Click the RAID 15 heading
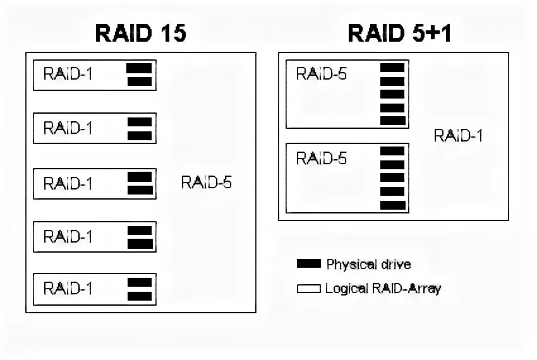[x=140, y=33]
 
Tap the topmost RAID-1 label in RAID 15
[x=68, y=74]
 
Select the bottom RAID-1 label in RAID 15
[x=68, y=289]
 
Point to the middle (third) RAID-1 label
[x=68, y=183]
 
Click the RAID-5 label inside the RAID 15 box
[x=206, y=183]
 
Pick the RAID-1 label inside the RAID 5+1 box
[x=459, y=136]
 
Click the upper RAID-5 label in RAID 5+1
[x=322, y=74]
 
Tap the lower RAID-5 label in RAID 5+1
[x=322, y=158]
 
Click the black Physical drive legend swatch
[x=309, y=264]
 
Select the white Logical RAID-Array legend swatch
[x=309, y=289]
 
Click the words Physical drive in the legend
[x=368, y=264]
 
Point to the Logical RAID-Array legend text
[x=383, y=289]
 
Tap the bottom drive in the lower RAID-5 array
[x=392, y=205]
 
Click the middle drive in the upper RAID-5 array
[x=392, y=94]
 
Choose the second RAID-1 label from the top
[x=68, y=128]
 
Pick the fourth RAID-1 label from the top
[x=68, y=237]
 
